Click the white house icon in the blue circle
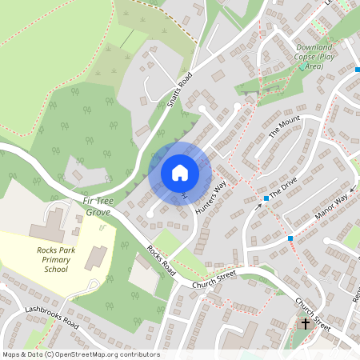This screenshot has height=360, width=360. (180, 172)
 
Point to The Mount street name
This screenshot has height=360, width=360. (284, 128)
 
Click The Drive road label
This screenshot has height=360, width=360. (283, 189)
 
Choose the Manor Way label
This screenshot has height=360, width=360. (331, 205)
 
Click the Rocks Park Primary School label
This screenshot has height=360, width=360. (63, 259)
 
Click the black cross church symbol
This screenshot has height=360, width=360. (305, 324)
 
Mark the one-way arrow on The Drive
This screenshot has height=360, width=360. (258, 206)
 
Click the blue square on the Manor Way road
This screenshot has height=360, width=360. (290, 238)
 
